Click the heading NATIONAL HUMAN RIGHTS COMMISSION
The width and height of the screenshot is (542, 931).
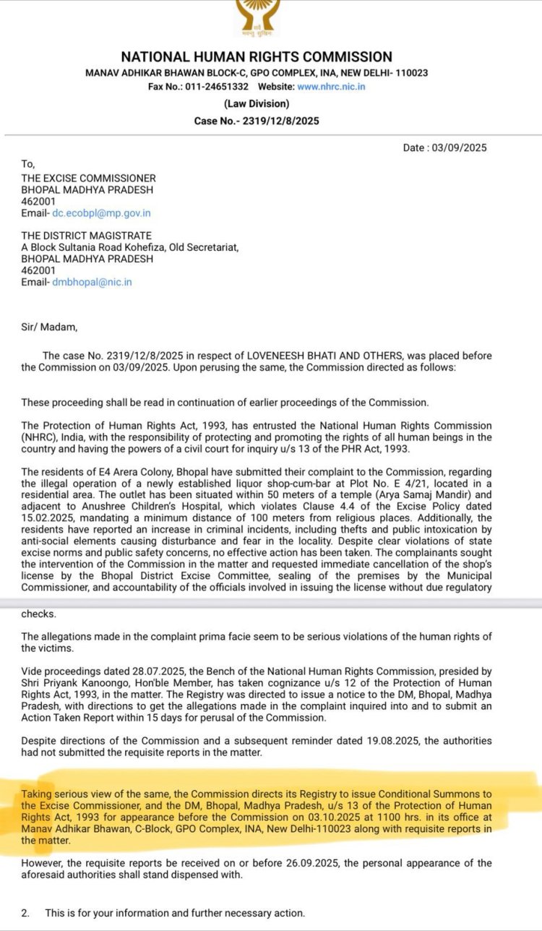[257, 57]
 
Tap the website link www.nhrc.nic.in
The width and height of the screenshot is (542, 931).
[331, 87]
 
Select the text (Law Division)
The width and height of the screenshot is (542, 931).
[257, 104]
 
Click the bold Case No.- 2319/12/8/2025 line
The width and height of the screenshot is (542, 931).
[257, 121]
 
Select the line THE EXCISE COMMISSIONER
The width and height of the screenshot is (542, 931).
[88, 178]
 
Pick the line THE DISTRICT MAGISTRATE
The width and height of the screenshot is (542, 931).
[86, 236]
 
